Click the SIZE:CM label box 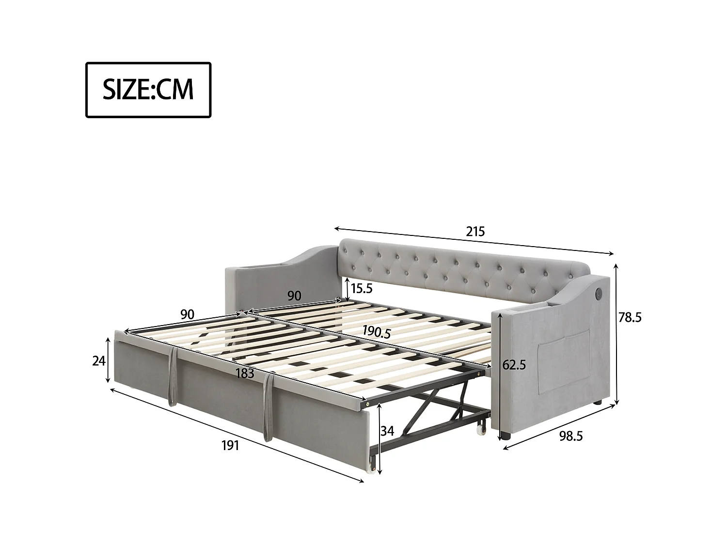pyautogui.click(x=148, y=90)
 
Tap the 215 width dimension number pyautogui.click(x=475, y=232)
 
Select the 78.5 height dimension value pyautogui.click(x=630, y=317)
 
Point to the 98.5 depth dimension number pyautogui.click(x=570, y=436)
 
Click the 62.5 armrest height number pyautogui.click(x=514, y=365)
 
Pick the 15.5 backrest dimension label pyautogui.click(x=361, y=289)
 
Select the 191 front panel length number pyautogui.click(x=230, y=445)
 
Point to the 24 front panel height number pyautogui.click(x=99, y=361)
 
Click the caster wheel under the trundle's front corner pyautogui.click(x=372, y=466)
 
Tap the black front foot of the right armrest pyautogui.click(x=506, y=436)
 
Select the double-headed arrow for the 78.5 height pyautogui.click(x=616, y=334)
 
